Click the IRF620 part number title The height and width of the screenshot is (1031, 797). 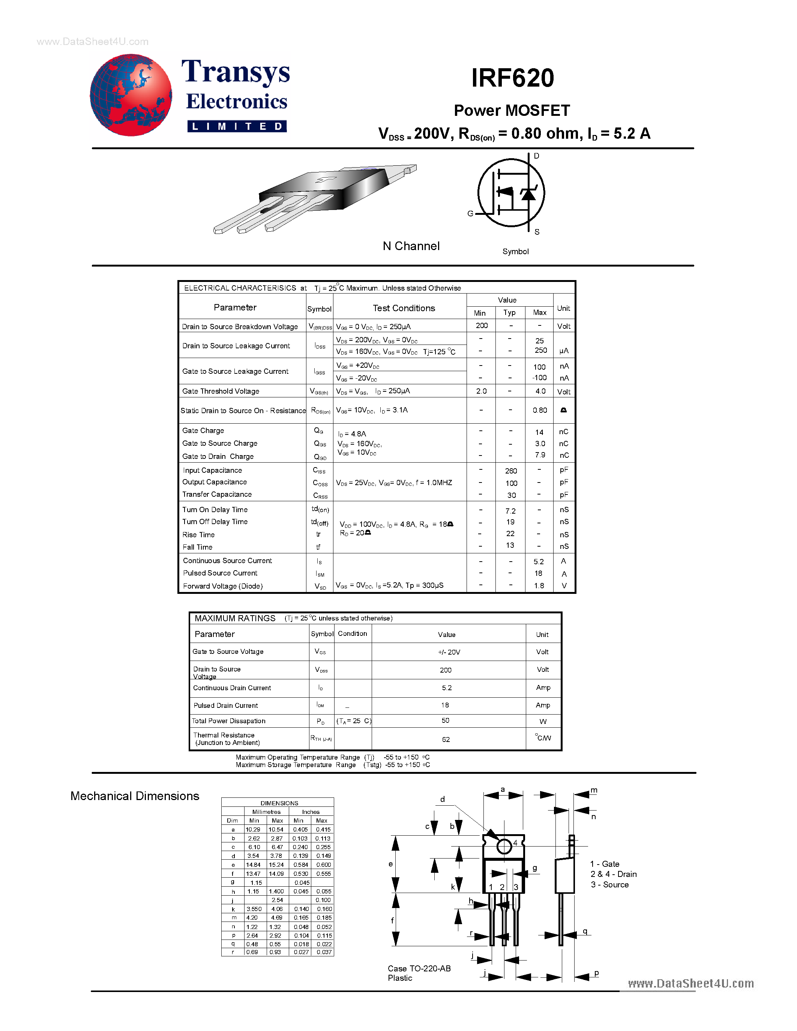[512, 78]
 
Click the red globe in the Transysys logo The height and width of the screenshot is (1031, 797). [131, 95]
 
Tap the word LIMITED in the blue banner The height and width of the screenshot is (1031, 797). [237, 126]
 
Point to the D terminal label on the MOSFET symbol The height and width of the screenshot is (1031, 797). [536, 156]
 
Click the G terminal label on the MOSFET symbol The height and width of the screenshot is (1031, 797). [470, 213]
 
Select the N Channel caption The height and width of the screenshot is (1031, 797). [411, 246]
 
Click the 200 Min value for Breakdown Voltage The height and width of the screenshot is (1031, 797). [482, 326]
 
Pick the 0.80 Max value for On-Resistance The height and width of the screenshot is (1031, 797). [540, 410]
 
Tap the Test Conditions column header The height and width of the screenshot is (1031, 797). [404, 308]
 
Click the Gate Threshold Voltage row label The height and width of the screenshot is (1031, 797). [221, 391]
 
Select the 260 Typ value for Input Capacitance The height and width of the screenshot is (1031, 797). [511, 471]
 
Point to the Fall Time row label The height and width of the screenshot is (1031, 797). [197, 547]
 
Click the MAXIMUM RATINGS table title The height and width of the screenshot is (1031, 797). [235, 618]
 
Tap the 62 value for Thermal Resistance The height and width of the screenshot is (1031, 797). [446, 739]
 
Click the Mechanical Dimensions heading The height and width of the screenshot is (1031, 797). [135, 796]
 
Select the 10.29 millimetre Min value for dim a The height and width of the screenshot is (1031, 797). [253, 829]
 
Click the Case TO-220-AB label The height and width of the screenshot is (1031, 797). [419, 968]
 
